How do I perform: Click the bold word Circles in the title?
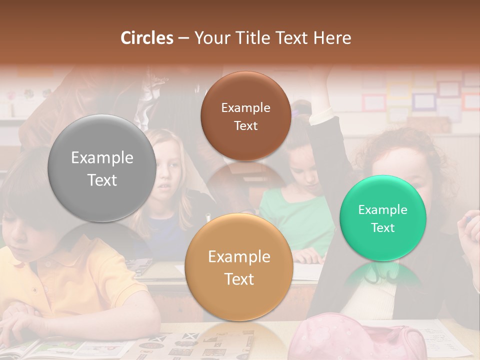coord(147,37)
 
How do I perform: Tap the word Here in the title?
coord(332,37)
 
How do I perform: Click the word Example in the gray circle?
coord(102,158)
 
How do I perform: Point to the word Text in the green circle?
coord(383,227)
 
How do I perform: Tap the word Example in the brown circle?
coord(245,108)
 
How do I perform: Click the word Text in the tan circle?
coord(239,279)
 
